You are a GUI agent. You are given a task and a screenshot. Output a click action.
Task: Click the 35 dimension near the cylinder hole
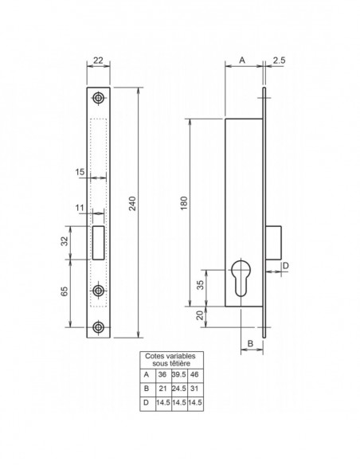tap(200, 283)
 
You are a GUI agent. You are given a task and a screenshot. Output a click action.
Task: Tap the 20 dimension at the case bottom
tap(200, 314)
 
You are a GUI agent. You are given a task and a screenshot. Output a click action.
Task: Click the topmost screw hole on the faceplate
tap(98, 97)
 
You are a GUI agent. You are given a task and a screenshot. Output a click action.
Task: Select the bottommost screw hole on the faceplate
tap(98, 326)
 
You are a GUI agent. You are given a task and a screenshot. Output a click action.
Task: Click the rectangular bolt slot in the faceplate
tap(98, 242)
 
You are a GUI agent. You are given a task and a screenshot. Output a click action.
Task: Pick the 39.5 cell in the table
tap(177, 373)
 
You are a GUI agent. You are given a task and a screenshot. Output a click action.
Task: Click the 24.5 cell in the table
tap(177, 388)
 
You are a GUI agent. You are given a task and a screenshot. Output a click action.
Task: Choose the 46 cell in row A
tap(195, 373)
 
